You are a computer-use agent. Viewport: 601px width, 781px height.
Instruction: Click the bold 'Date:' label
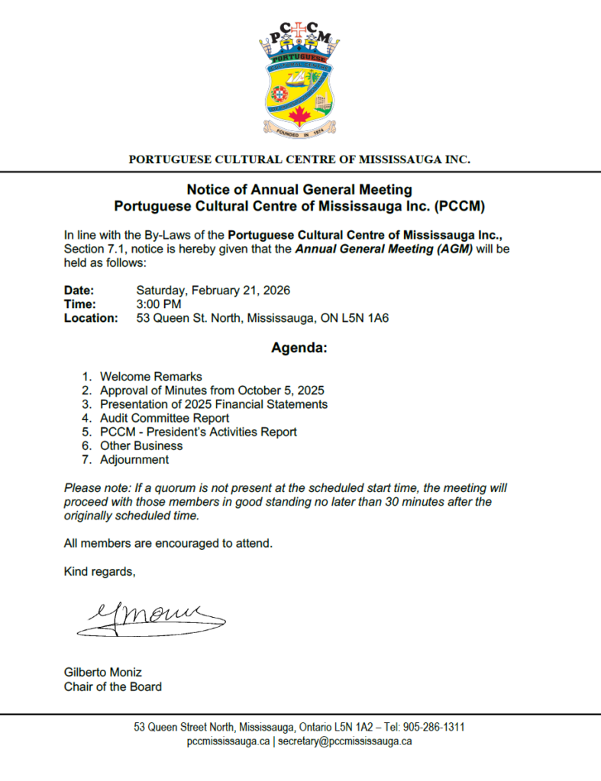(79, 291)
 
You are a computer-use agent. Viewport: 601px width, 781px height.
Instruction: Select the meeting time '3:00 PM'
(158, 304)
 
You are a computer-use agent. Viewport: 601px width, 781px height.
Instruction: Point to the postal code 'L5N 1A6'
(369, 318)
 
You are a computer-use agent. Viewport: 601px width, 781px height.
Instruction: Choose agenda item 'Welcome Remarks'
(150, 377)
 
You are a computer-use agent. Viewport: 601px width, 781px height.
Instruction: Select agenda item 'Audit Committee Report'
(164, 418)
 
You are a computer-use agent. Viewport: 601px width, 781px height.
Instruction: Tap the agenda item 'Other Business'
(141, 445)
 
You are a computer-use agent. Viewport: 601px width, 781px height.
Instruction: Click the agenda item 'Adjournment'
(134, 460)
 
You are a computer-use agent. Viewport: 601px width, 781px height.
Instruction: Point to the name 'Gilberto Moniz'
(102, 673)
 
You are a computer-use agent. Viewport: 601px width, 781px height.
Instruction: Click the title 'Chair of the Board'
(112, 686)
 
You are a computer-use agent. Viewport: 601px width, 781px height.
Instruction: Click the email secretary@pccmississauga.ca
(345, 741)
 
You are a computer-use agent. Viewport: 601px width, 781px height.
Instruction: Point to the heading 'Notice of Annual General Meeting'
(299, 189)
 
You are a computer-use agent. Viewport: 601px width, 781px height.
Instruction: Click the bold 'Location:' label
(91, 318)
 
